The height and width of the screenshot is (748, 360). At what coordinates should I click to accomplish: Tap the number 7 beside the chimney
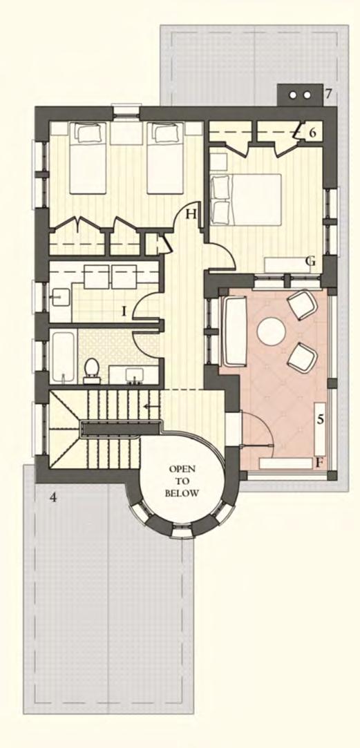point(328,94)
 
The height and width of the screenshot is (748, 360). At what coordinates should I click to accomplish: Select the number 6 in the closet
point(312,133)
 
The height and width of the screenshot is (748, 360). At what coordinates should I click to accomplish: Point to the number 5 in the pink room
point(321,420)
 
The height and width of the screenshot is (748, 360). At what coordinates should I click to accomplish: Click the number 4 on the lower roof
point(53,497)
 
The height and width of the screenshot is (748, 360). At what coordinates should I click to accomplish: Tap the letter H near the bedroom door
point(191,214)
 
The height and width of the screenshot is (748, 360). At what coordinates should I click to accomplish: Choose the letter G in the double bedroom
point(311,261)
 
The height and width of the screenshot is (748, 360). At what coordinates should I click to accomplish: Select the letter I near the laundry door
point(123,312)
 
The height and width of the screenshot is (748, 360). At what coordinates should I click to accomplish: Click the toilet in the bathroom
point(91,371)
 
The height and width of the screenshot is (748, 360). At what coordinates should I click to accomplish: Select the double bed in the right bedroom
point(246,199)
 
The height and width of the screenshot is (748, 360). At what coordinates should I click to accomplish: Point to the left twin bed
point(87,158)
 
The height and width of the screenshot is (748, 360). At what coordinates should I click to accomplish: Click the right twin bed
point(165,158)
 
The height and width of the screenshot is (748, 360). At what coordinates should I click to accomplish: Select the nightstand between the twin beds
point(126,134)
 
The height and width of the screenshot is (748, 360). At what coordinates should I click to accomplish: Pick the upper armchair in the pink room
point(302,304)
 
